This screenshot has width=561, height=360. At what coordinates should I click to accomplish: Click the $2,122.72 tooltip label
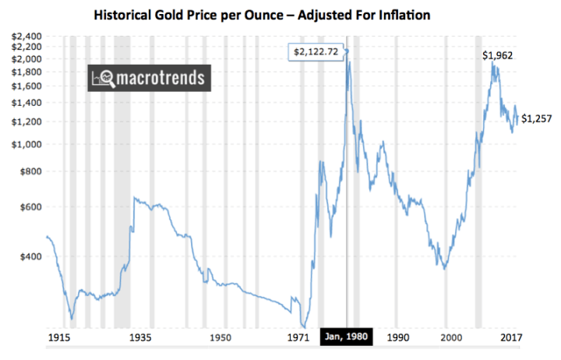click(x=316, y=52)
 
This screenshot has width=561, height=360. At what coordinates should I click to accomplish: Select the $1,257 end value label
click(x=537, y=118)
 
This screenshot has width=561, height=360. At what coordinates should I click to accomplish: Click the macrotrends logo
click(x=146, y=78)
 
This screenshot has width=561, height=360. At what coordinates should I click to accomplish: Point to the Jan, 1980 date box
click(x=345, y=337)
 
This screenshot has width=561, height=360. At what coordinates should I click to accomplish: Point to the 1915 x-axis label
click(x=59, y=337)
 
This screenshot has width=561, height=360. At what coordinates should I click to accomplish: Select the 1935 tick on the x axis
click(x=139, y=337)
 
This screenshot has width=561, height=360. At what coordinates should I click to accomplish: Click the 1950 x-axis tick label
click(x=221, y=337)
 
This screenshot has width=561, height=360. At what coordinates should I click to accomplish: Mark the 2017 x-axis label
click(x=510, y=337)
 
